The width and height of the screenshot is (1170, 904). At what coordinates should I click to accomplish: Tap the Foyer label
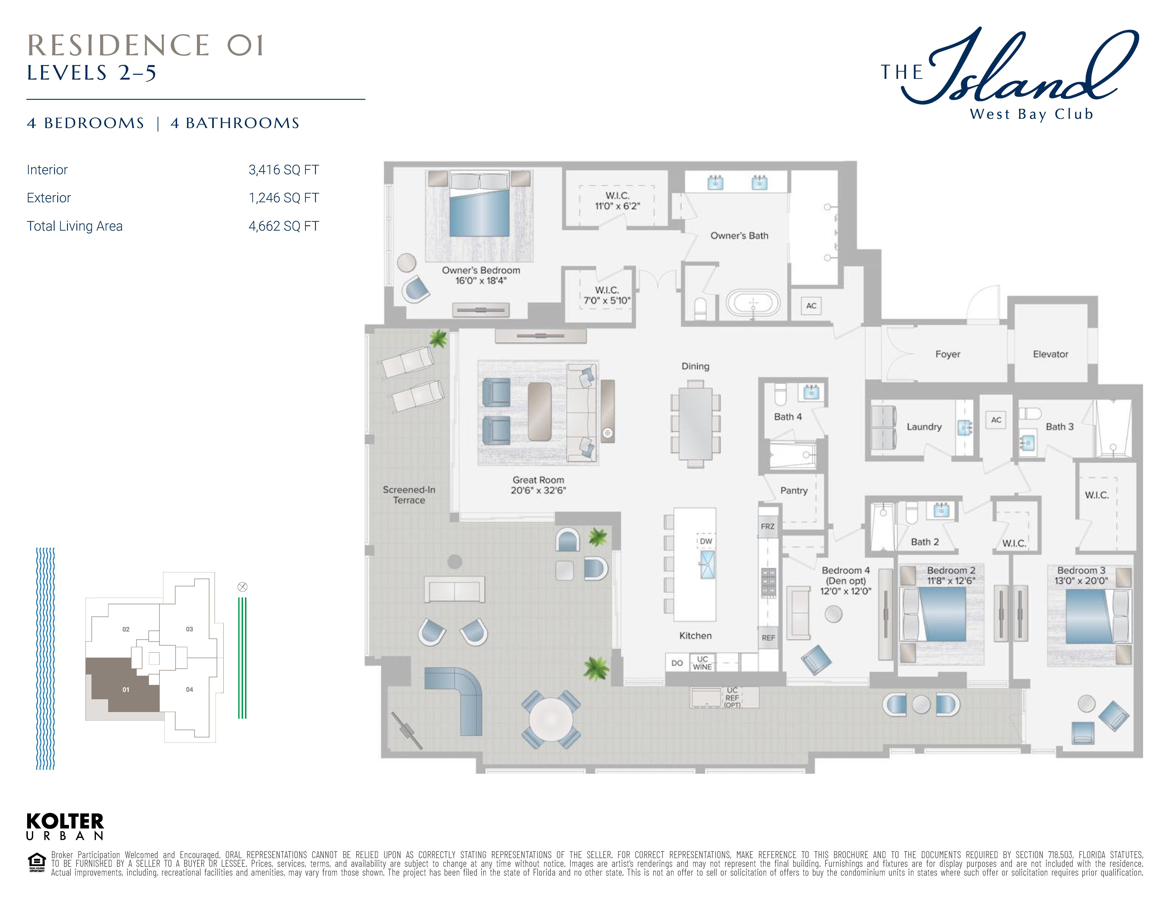pos(948,354)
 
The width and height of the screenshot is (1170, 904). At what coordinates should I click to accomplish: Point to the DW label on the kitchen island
pos(706,541)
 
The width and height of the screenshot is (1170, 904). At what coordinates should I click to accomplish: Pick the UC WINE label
pos(702,663)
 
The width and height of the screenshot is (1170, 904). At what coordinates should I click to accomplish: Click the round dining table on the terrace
pos(551,719)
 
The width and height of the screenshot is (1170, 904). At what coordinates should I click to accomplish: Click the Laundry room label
pos(924,427)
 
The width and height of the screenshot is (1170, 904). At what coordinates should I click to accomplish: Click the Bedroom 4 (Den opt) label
pos(846,581)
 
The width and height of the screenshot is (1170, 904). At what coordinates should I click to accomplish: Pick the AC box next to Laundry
pos(996,420)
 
